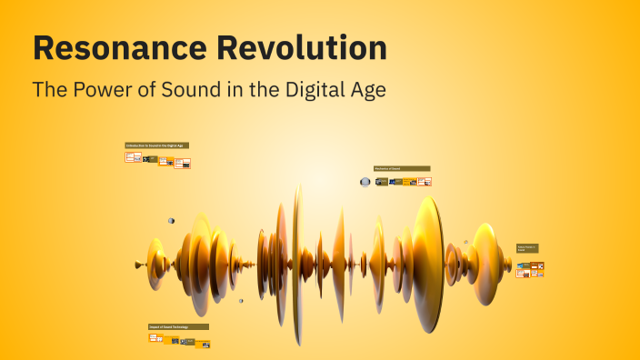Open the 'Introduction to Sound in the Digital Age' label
[x=156, y=145]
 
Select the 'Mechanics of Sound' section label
[x=401, y=168]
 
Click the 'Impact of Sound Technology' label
[x=178, y=326]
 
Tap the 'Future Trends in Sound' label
[x=527, y=248]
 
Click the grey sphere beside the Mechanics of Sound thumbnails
[x=365, y=182]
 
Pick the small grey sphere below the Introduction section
[x=171, y=221]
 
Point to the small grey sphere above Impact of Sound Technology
[x=241, y=301]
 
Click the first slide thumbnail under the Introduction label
[x=133, y=157]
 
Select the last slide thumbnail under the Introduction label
[x=183, y=164]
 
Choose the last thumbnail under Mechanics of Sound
[x=425, y=182]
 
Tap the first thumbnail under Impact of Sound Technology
[x=155, y=338]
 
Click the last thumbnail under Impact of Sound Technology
[x=203, y=344]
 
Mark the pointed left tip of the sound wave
[x=136, y=265]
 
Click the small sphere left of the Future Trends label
[x=466, y=242]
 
